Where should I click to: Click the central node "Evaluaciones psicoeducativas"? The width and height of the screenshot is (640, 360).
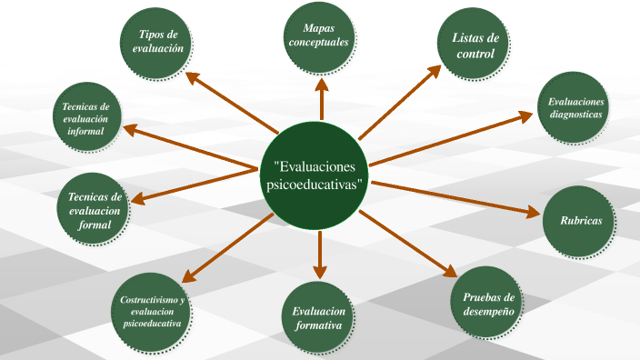pos(315,175)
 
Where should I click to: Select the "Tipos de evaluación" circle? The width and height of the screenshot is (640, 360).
pos(156,44)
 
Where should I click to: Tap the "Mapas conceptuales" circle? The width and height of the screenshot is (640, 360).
pos(319,37)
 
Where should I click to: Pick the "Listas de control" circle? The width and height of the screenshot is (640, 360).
pos(474,44)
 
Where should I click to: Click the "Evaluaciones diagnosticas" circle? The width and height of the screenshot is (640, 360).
pos(574,107)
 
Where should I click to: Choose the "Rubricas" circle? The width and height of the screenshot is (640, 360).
pos(579,222)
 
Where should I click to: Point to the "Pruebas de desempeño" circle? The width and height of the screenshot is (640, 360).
pos(486,302)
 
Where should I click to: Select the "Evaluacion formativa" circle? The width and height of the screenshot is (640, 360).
pos(317,317)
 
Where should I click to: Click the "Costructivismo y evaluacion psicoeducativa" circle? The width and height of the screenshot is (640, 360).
pos(151,312)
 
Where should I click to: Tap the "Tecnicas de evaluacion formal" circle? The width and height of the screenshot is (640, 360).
pos(93,209)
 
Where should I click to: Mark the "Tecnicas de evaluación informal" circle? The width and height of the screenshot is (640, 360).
pos(87,116)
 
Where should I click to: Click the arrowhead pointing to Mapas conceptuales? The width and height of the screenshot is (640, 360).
pos(322,85)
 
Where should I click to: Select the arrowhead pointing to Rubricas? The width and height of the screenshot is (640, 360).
pos(533,212)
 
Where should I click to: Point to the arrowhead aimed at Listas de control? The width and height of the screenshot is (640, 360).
pos(434,72)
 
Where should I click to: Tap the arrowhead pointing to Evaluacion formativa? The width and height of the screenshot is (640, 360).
pos(320,272)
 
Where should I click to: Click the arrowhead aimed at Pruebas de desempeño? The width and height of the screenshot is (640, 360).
pos(450,271)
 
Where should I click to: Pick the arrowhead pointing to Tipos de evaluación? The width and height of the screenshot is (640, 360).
pos(193,77)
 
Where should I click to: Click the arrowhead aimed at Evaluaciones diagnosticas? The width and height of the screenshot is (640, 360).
pos(525,116)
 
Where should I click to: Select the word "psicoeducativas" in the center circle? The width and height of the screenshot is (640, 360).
pos(315,185)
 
